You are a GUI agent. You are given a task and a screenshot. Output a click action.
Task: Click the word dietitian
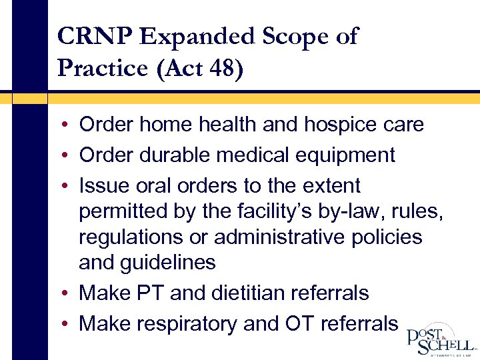(x=248, y=293)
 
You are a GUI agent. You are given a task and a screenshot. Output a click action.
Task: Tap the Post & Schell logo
(x=441, y=340)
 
